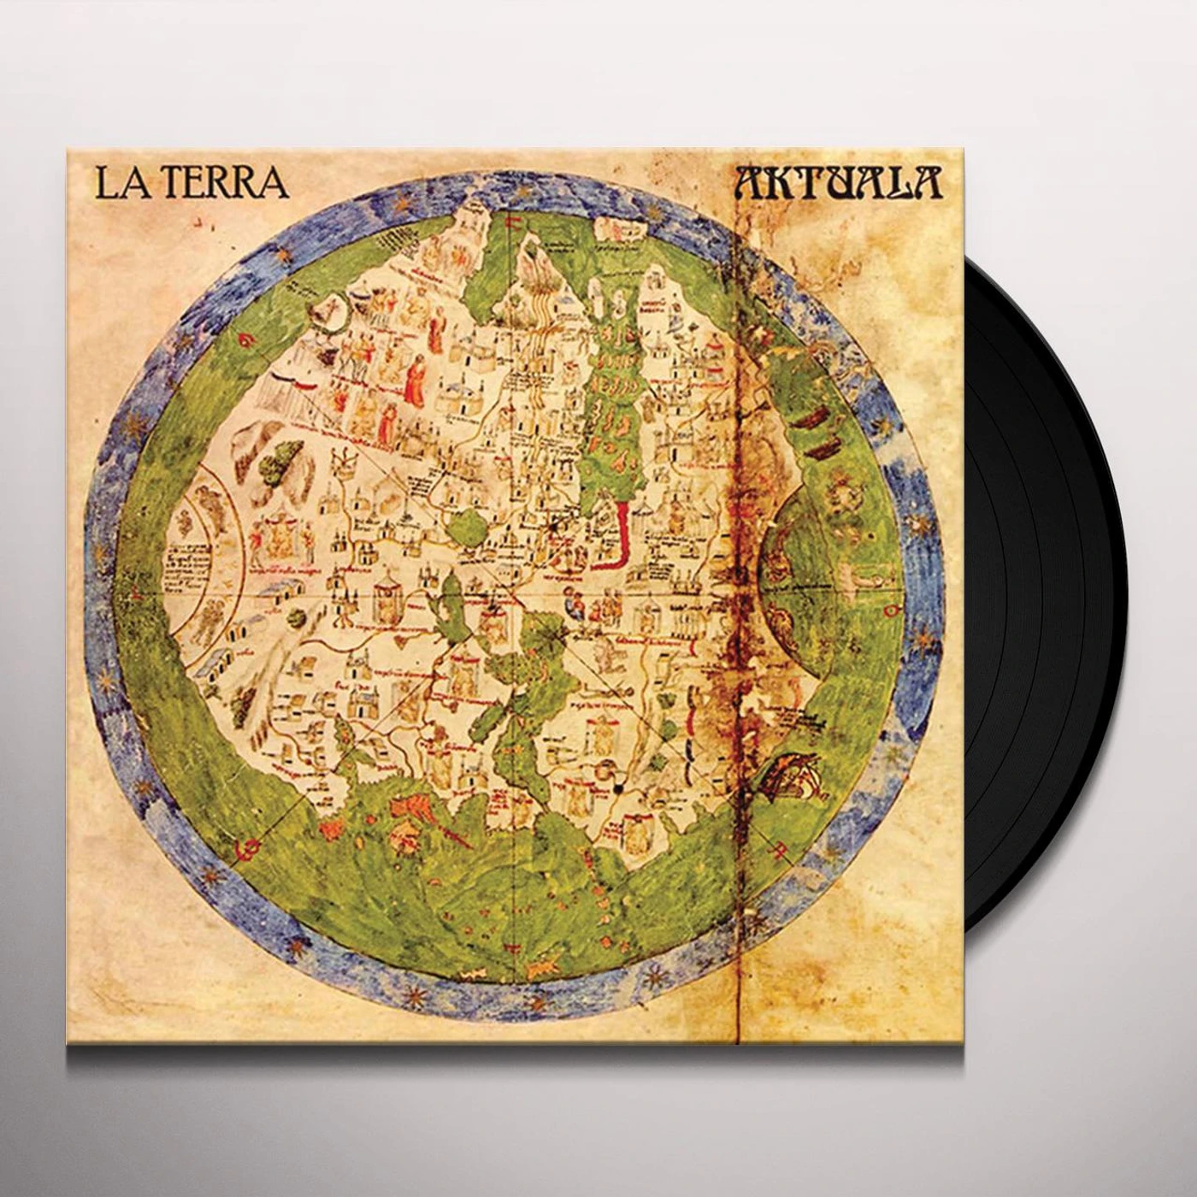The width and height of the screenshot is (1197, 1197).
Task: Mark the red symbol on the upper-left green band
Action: [245, 340]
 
